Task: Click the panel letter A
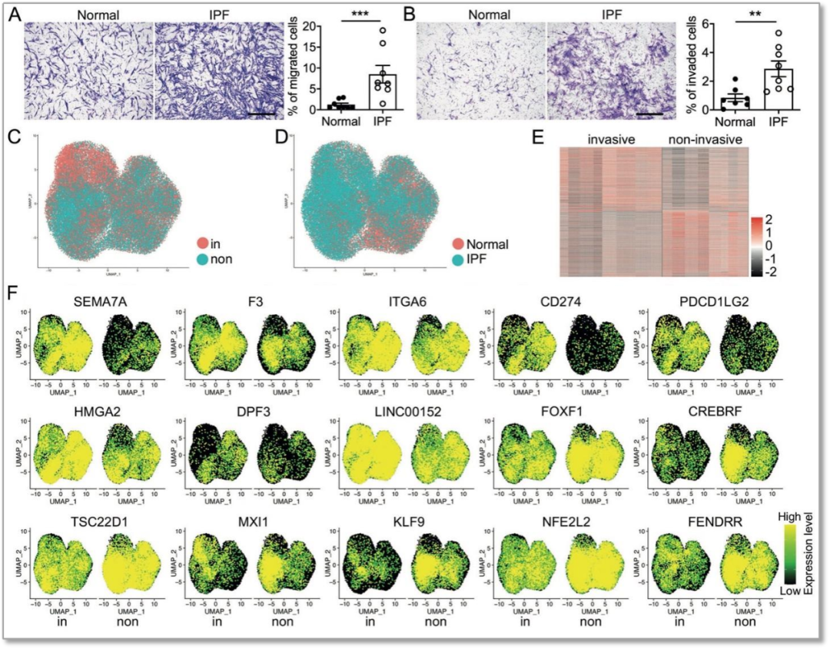click(x=14, y=13)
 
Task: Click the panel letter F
click(x=12, y=294)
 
